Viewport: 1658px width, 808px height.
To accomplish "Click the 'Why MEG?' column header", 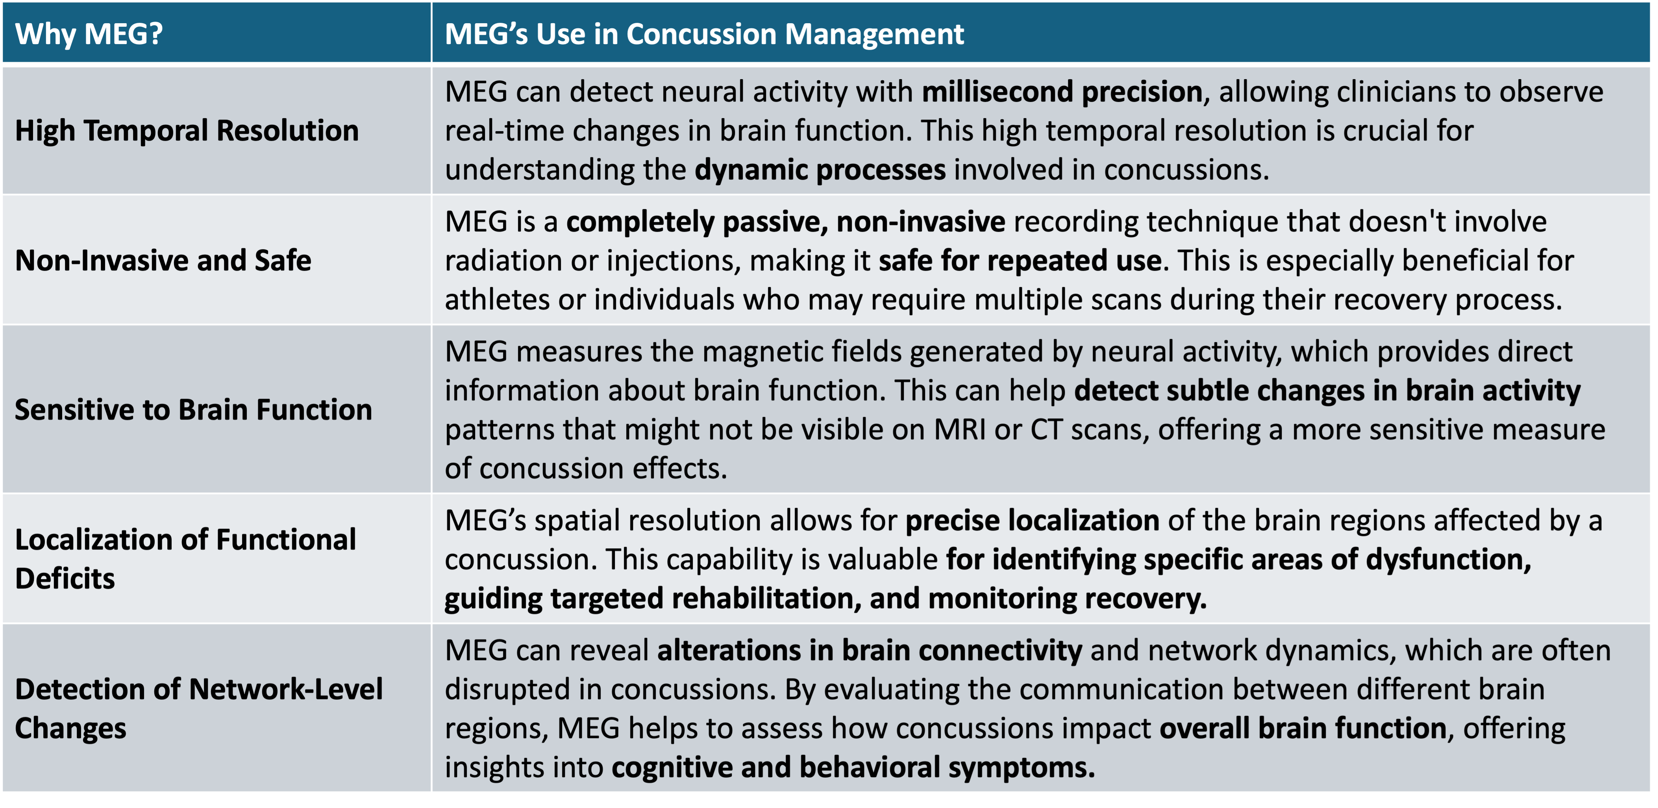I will [x=89, y=33].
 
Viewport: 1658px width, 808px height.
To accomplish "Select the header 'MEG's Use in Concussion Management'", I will [x=704, y=33].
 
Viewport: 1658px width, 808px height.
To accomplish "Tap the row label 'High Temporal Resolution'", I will [x=187, y=131].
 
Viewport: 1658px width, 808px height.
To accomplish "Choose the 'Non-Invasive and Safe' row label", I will [x=163, y=261].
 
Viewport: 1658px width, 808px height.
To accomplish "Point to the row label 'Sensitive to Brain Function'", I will [x=193, y=410].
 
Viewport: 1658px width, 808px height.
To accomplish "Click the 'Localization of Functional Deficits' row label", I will [x=185, y=558].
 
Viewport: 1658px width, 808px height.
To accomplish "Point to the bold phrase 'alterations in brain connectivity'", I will [x=869, y=651].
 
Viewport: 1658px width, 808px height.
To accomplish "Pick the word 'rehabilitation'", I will [x=763, y=598].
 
